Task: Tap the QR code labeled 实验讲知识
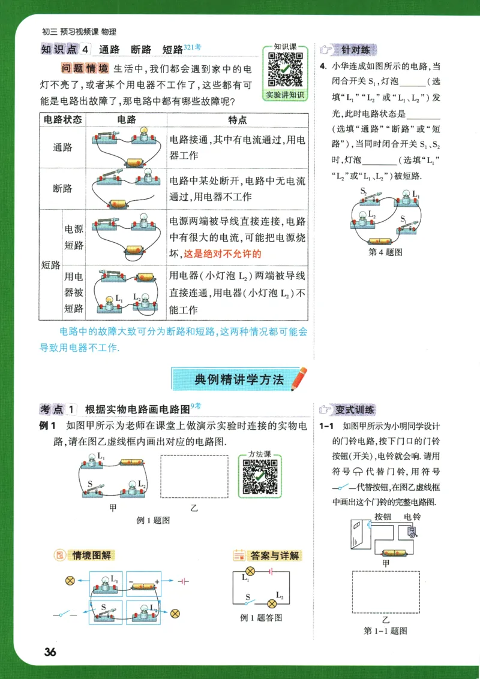click(285, 70)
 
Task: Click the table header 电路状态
click(62, 120)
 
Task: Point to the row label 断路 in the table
click(62, 188)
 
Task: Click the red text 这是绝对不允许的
click(223, 254)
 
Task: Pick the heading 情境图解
click(92, 556)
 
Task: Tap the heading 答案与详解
click(274, 556)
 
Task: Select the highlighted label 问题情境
click(85, 67)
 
